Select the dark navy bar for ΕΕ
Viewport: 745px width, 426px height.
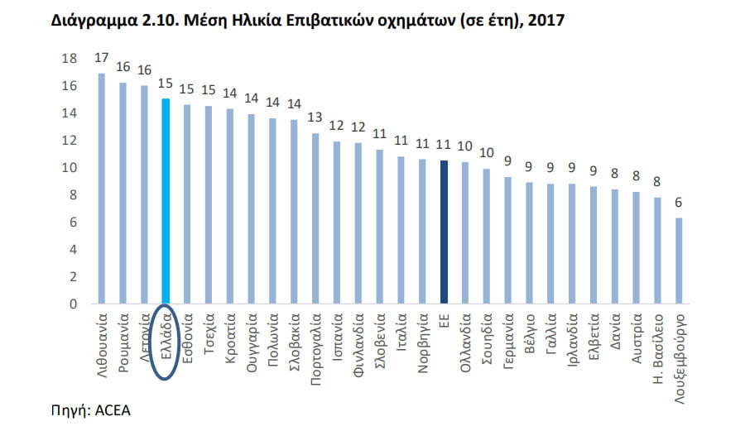click(x=445, y=232)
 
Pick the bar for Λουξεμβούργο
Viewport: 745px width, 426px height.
click(x=680, y=261)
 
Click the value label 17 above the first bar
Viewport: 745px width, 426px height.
click(x=102, y=58)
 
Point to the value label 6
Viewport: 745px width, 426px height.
click(x=680, y=202)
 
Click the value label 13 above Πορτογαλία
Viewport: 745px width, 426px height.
click(x=315, y=117)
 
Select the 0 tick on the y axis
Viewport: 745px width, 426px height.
click(x=73, y=304)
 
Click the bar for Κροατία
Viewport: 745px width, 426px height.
click(x=230, y=207)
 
